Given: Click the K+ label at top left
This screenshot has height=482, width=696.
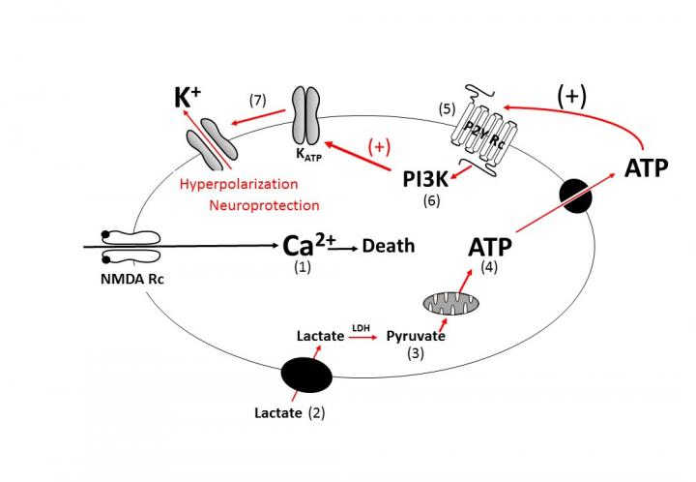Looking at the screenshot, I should (188, 100).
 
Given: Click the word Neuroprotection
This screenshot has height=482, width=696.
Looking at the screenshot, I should (264, 205).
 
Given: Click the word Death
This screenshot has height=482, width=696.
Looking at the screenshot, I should (389, 247).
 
